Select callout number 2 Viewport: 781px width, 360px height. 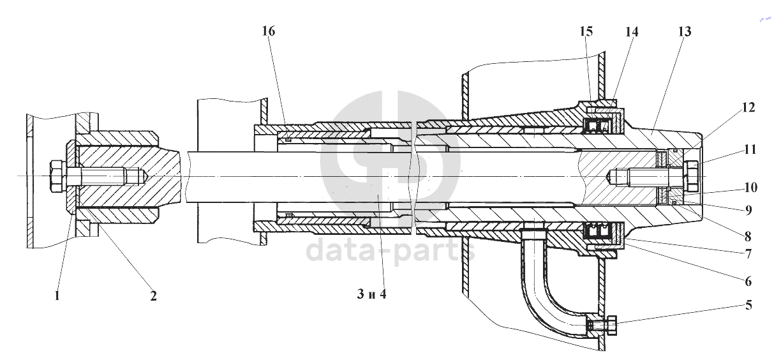(x=153, y=296)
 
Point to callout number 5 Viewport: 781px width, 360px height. (x=748, y=305)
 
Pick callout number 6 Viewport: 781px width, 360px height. (x=748, y=281)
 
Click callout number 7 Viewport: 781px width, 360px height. (x=748, y=253)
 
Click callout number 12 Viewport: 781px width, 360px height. (x=748, y=108)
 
